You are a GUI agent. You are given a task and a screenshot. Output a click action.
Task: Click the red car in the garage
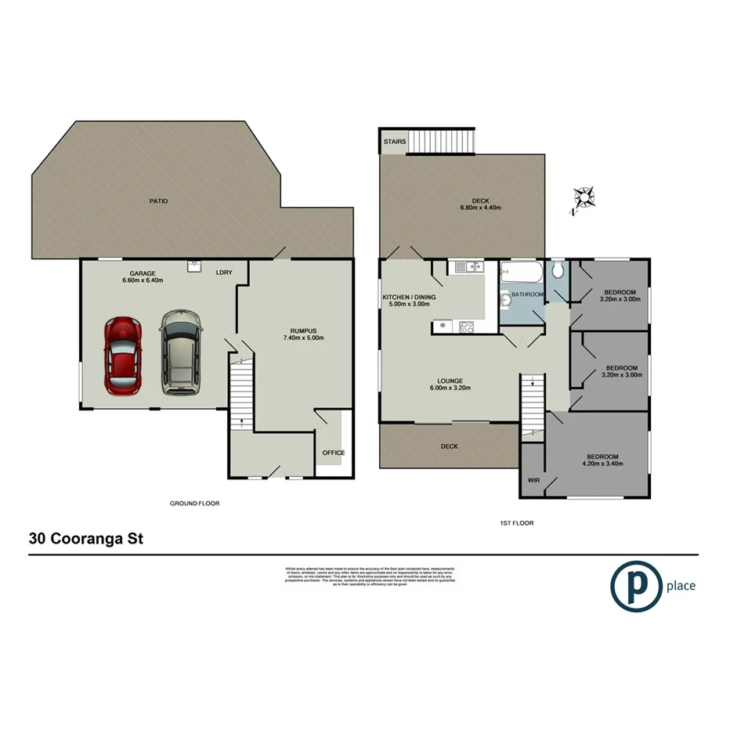tap(125, 356)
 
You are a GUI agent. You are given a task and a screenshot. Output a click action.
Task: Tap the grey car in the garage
tap(180, 353)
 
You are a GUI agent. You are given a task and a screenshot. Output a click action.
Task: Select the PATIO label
tap(159, 201)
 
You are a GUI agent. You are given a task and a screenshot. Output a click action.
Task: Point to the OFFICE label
tap(334, 453)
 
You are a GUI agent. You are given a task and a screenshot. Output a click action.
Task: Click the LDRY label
tap(225, 273)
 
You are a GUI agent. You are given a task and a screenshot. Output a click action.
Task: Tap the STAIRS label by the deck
tap(394, 142)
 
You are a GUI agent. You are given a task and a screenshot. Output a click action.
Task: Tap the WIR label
tap(535, 479)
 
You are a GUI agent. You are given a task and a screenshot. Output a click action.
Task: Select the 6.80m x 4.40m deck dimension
tap(480, 208)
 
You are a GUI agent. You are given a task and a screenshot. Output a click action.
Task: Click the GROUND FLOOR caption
tap(195, 504)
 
